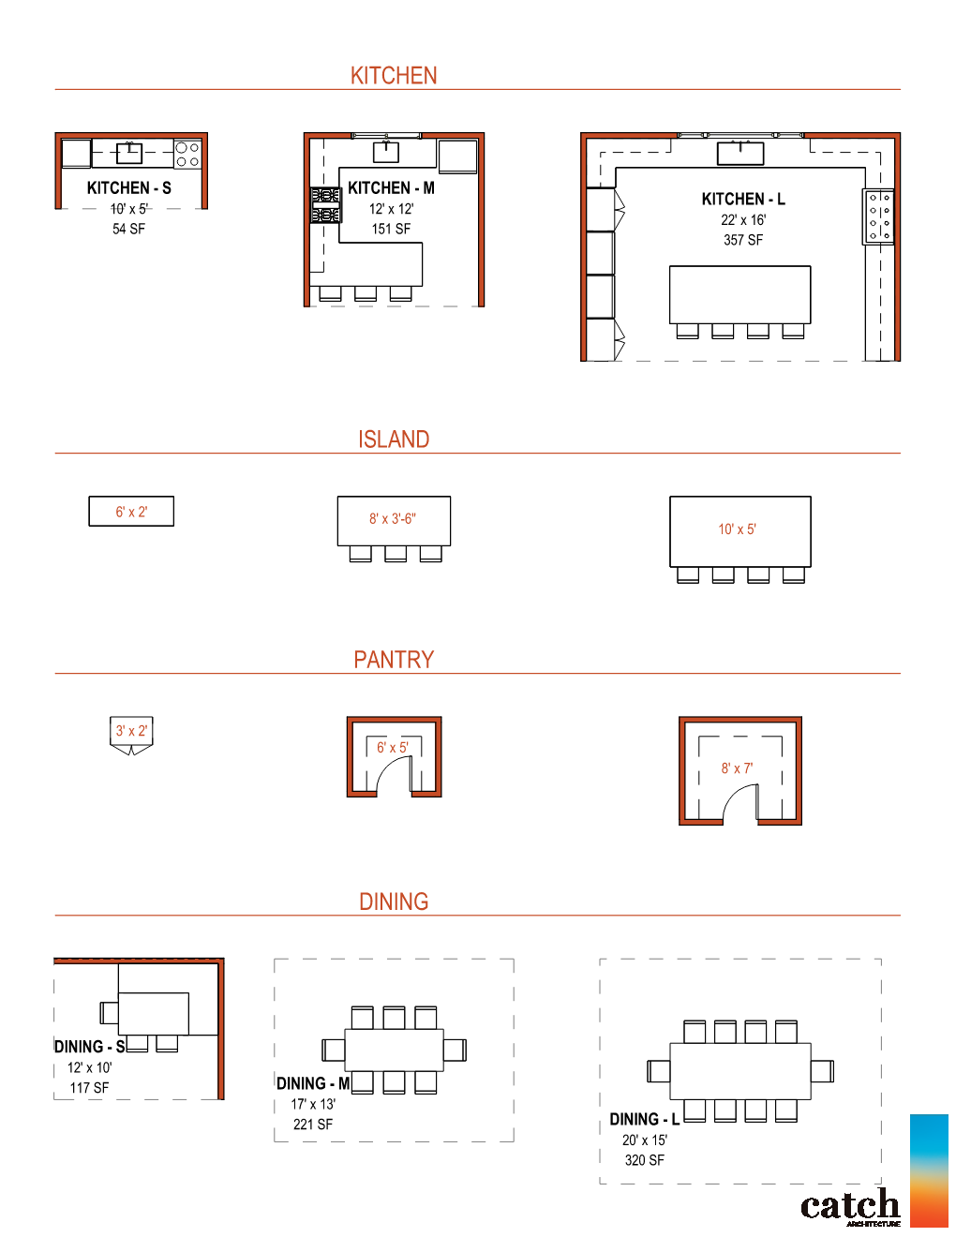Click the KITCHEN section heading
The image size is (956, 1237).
point(394,76)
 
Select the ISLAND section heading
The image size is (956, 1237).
point(394,440)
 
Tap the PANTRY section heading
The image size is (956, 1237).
point(394,660)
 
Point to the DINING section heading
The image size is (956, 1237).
point(394,902)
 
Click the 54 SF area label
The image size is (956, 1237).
point(128,229)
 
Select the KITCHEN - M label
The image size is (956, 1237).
point(391,188)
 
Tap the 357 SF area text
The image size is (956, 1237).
point(742,240)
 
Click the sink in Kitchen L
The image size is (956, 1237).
point(740,152)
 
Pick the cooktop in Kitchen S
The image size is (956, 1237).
point(187,154)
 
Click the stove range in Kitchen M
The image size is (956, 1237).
point(325,205)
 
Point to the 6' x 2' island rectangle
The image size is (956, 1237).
point(131,512)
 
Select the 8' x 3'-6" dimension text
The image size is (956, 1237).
point(393,518)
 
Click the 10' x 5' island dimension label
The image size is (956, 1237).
point(737,529)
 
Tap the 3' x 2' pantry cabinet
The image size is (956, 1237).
point(131,733)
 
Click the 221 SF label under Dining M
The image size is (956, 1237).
point(313,1125)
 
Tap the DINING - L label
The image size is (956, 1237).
point(644,1120)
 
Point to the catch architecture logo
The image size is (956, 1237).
point(850,1207)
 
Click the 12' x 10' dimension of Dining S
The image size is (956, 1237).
point(89,1067)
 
